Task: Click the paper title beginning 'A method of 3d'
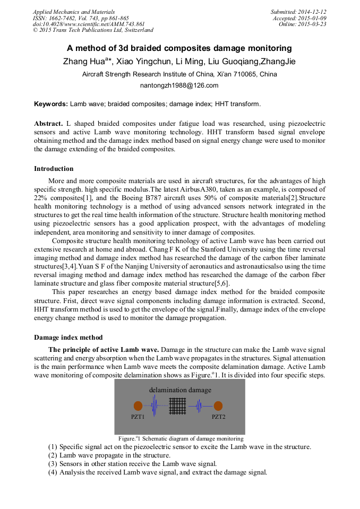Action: (179, 48)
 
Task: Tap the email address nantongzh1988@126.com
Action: (179, 85)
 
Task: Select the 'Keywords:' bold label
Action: (51, 104)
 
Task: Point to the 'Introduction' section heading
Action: (54, 169)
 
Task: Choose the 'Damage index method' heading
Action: (68, 338)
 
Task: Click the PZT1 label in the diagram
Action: (138, 417)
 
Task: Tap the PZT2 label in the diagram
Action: (218, 417)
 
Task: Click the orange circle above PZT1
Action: (138, 406)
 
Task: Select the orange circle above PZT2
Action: (218, 406)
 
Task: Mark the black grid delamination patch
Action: (178, 407)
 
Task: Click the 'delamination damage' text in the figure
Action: (180, 390)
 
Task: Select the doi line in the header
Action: (89, 24)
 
